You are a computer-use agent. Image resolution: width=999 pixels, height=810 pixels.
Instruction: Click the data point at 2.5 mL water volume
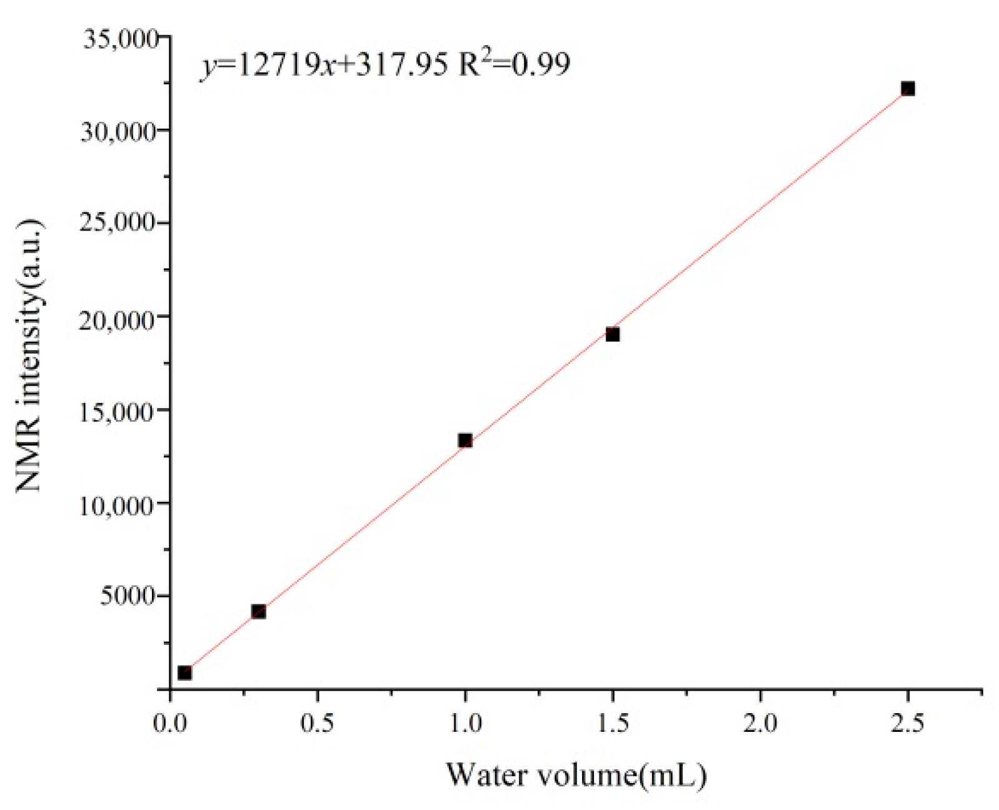[x=907, y=89]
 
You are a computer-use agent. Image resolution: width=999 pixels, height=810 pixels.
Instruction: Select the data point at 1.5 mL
[x=613, y=334]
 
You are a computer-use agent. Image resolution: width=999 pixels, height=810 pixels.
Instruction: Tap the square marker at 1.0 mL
[x=465, y=441]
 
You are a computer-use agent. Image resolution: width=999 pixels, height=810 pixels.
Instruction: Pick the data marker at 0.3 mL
[x=258, y=611]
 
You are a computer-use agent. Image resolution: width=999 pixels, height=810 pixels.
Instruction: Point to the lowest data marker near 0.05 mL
[x=184, y=673]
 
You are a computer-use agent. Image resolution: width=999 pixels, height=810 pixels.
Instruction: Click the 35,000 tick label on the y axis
[x=121, y=39]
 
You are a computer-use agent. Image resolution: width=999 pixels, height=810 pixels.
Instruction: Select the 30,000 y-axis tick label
[x=118, y=131]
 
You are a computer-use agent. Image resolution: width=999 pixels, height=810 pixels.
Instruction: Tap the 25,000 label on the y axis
[x=118, y=223]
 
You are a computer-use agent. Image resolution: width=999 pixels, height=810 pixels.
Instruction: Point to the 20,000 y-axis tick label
[x=118, y=320]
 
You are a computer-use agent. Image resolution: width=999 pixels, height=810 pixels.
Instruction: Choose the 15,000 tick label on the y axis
[x=118, y=412]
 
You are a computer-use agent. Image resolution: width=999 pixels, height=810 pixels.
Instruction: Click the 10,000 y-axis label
[x=118, y=505]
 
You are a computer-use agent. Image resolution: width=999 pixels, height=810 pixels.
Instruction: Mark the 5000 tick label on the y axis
[x=128, y=596]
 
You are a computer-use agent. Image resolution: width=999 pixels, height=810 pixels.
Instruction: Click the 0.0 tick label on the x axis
[x=170, y=723]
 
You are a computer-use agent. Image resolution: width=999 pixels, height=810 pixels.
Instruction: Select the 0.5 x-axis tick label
[x=318, y=723]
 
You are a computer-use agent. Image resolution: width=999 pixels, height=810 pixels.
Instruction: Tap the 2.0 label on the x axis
[x=760, y=723]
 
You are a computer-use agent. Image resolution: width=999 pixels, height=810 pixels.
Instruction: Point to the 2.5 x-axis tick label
[x=907, y=723]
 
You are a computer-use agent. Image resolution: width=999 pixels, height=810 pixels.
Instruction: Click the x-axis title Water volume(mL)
[x=576, y=775]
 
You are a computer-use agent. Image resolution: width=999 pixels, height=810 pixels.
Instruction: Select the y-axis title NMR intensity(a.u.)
[x=29, y=356]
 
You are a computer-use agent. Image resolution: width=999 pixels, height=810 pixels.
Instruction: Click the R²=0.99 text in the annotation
[x=514, y=64]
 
